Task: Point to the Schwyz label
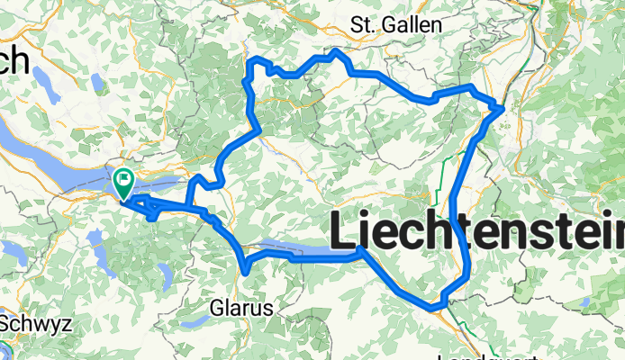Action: (x=31, y=322)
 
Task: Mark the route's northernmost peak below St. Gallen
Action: (x=336, y=51)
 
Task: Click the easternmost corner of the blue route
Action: (x=501, y=109)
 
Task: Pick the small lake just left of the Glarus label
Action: (x=191, y=319)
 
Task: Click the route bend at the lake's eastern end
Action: (x=361, y=248)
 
